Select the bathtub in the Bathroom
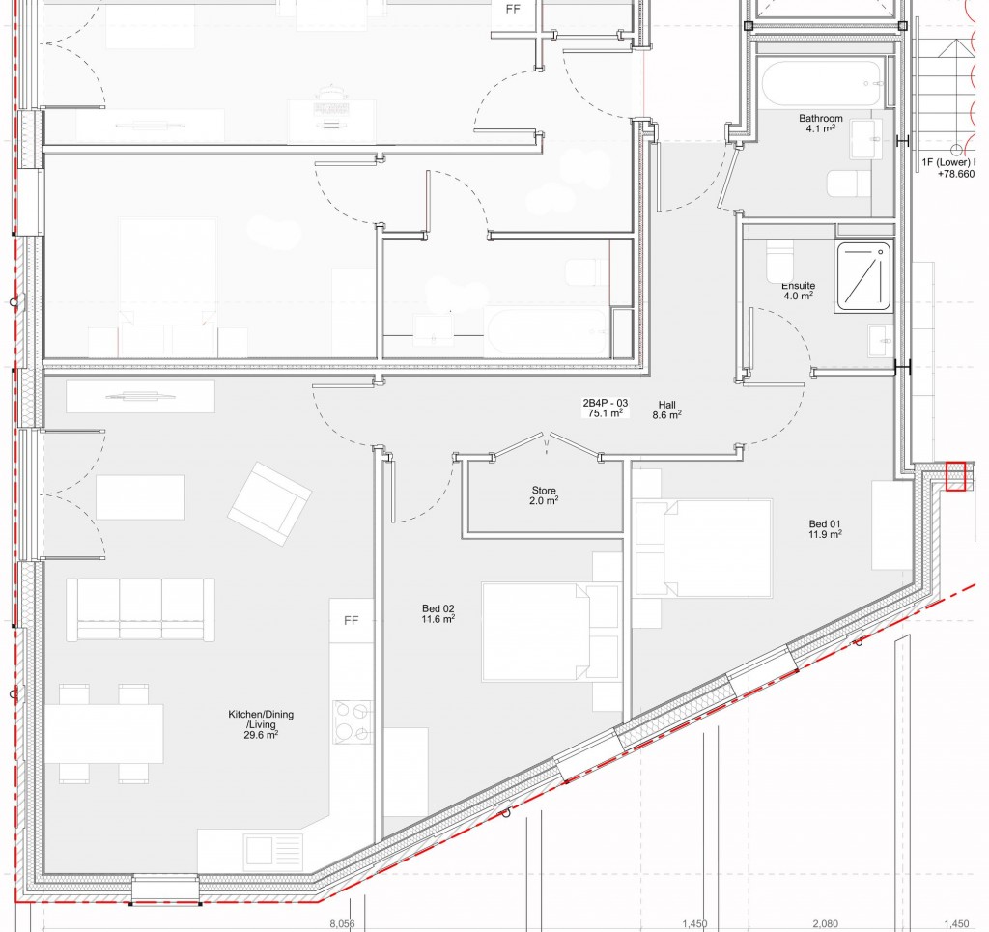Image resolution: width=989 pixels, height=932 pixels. click(820, 84)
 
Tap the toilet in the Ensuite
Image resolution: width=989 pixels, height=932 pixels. click(779, 259)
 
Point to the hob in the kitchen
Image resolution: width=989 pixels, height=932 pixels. click(353, 721)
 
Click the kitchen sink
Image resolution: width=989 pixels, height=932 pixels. click(260, 851)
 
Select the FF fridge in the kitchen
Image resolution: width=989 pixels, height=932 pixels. click(352, 621)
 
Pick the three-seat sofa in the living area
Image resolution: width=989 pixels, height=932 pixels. click(140, 608)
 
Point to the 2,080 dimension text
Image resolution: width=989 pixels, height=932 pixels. click(825, 924)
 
